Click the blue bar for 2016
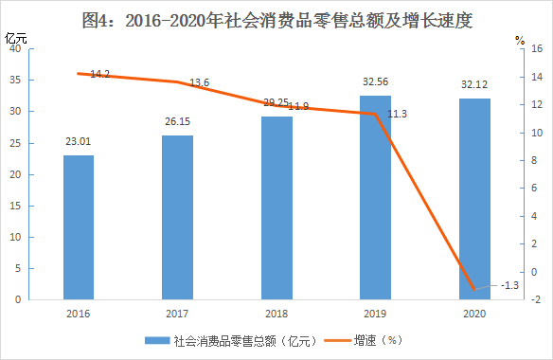(79, 227)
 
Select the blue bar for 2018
(276, 207)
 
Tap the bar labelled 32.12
(474, 199)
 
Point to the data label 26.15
(177, 121)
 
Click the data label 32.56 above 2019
(375, 81)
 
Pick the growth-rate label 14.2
(99, 74)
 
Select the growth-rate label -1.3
(509, 285)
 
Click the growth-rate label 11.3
(397, 114)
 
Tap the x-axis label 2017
(177, 314)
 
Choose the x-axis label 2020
(474, 314)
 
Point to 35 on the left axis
(15, 80)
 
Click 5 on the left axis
(18, 268)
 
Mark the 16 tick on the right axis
(537, 48)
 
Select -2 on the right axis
(536, 299)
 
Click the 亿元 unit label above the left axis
(15, 38)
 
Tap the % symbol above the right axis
(520, 40)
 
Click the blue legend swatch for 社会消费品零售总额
(157, 341)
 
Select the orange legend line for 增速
(338, 341)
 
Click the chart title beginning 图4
(277, 20)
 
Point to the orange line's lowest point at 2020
(474, 289)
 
